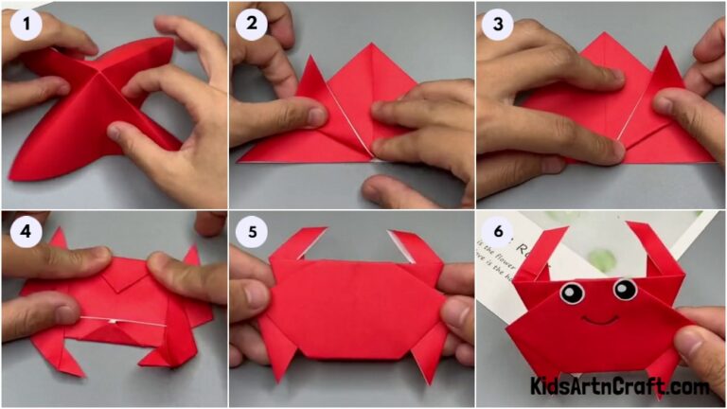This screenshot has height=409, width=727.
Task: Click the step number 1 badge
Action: coord(26,25)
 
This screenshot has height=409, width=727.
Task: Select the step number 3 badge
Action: coord(497,25)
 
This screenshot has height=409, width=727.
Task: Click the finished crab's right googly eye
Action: coord(625,289)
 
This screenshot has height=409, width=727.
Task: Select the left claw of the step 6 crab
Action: coord(549,251)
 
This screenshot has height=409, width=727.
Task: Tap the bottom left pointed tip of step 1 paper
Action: coord(17,173)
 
